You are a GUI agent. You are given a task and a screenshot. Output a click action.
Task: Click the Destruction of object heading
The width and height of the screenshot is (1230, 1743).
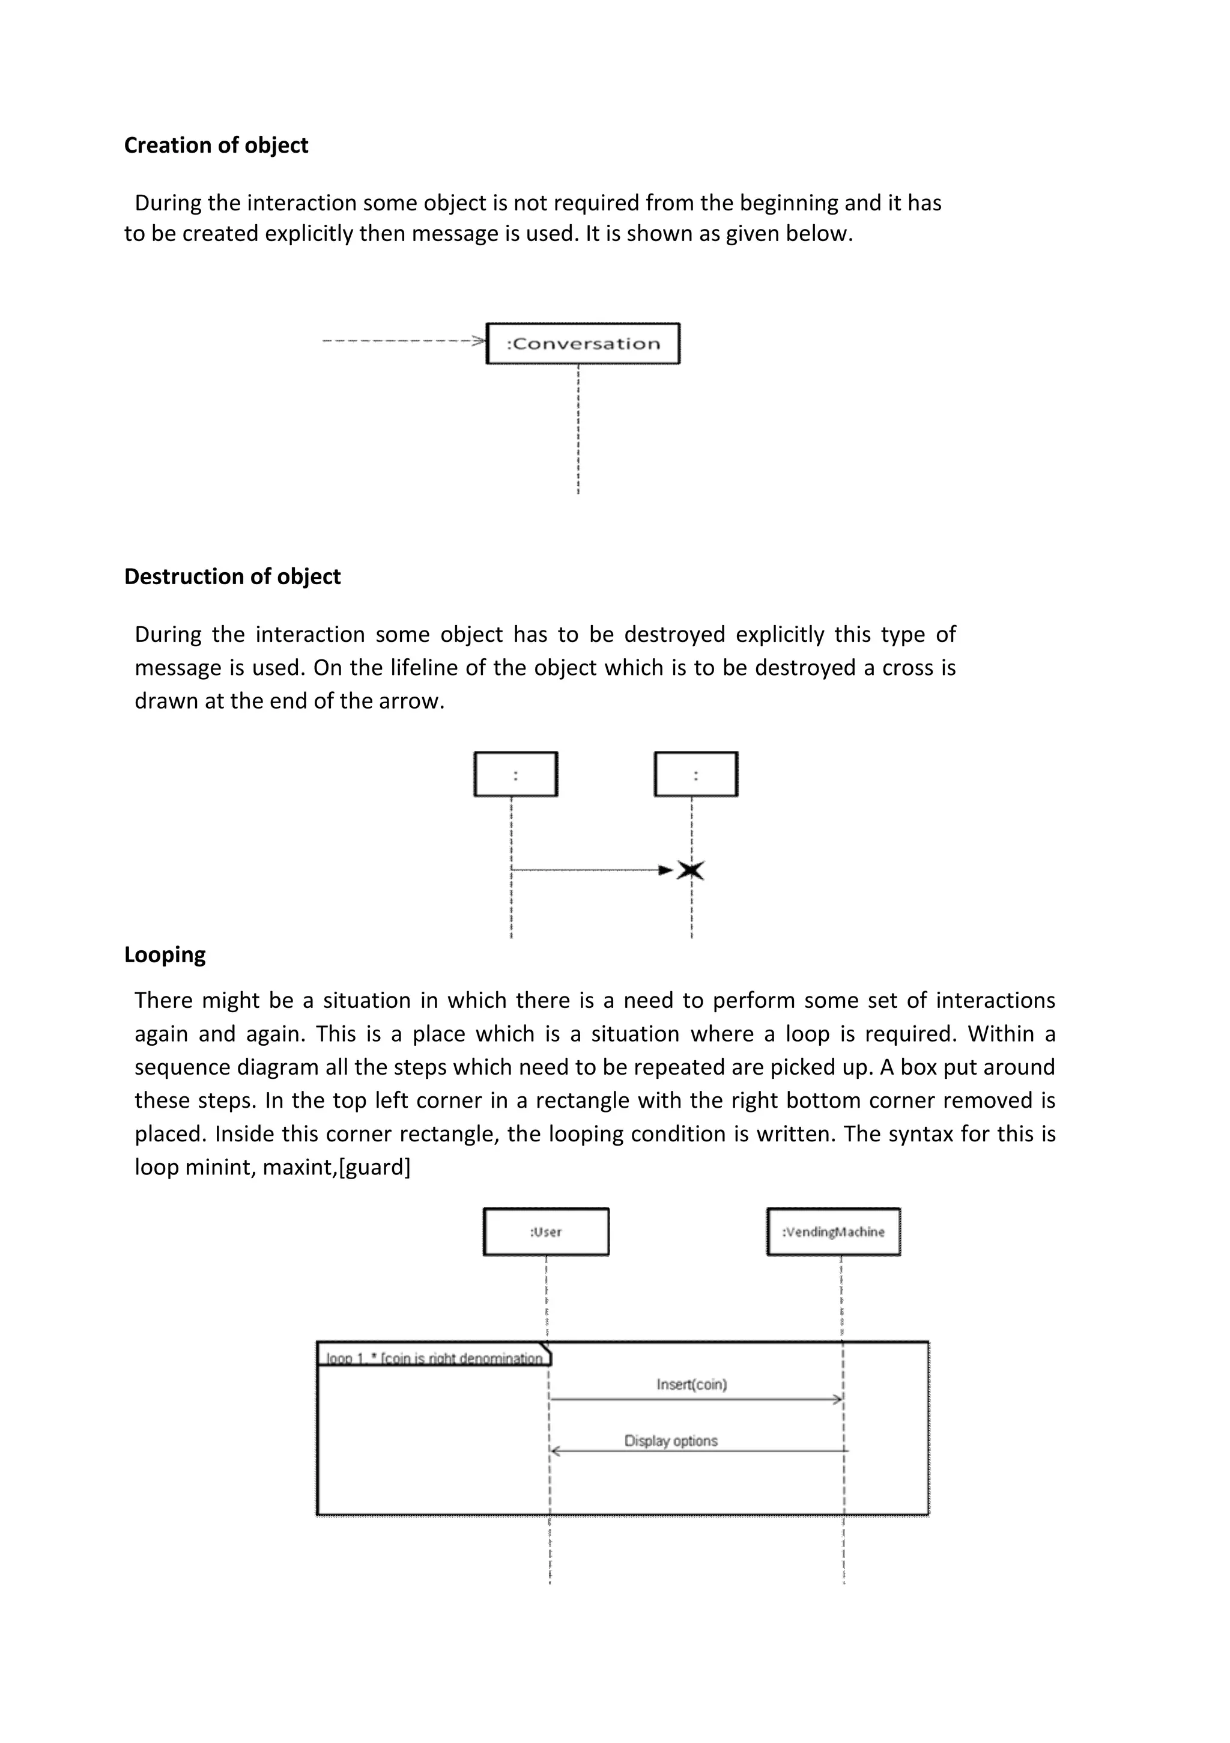[x=232, y=576]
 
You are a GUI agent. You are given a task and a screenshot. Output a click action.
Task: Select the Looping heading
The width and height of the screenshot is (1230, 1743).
[x=165, y=954]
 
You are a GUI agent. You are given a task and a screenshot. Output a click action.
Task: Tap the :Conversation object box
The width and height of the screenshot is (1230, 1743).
[x=583, y=344]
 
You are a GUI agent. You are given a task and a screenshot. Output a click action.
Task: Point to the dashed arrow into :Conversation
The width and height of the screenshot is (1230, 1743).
[x=402, y=341]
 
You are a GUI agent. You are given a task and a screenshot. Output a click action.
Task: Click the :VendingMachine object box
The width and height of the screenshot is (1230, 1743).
[x=833, y=1232]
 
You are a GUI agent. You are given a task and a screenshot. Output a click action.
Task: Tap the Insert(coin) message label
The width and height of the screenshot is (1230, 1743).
[x=691, y=1384]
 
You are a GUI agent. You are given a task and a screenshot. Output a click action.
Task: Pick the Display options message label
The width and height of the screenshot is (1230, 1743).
[x=671, y=1440]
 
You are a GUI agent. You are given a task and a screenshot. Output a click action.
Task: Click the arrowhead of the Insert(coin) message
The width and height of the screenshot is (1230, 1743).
[x=838, y=1399]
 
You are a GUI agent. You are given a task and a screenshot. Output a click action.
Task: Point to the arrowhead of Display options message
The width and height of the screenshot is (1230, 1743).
[x=555, y=1451]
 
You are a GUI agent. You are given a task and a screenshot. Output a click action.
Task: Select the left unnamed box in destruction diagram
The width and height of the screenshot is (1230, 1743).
[x=515, y=774]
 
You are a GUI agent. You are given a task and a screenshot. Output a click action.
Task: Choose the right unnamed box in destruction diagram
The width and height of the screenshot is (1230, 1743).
[x=696, y=774]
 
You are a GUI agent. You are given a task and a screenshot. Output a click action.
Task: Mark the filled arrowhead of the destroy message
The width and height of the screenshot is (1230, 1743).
[x=665, y=870]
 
